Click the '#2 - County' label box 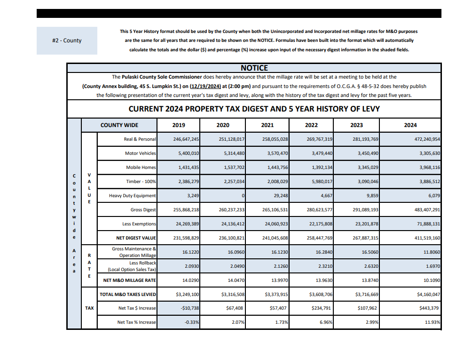coord(67,40)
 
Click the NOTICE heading coord(254,68)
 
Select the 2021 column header coord(267,125)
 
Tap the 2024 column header coord(410,125)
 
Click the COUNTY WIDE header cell coord(119,125)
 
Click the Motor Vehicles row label coord(140,153)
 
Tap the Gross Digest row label coord(143,210)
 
